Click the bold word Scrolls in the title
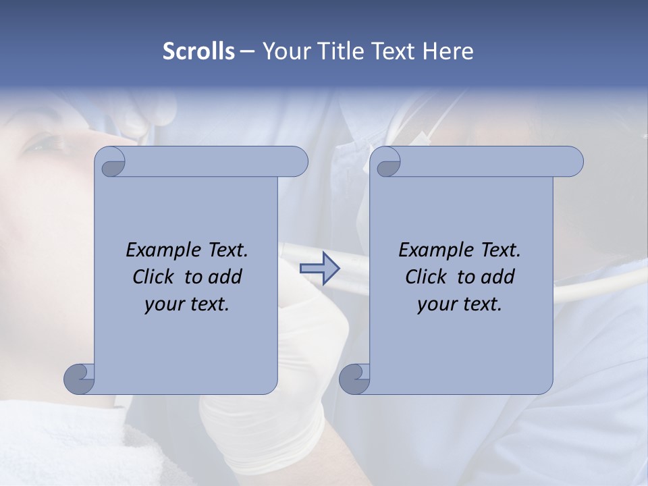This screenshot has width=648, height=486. click(198, 51)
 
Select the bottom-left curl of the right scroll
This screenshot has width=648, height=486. click(354, 379)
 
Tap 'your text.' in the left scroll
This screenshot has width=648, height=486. click(187, 304)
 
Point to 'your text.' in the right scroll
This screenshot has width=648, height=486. click(460, 304)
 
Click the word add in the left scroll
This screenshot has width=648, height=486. click(225, 277)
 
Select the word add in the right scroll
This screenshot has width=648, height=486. click(498, 277)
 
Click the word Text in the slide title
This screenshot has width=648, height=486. click(393, 51)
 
